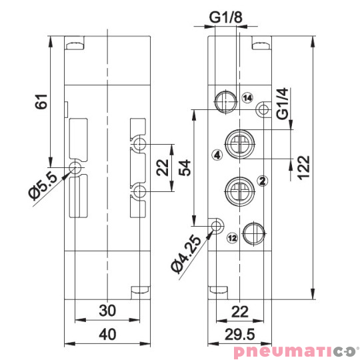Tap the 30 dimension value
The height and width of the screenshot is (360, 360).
tap(107, 311)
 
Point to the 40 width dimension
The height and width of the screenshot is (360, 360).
tap(107, 335)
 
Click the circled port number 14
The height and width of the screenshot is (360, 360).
tap(248, 99)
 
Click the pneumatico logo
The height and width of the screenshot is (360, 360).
tap(293, 351)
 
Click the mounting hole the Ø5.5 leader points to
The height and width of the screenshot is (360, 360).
tap(75, 167)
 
